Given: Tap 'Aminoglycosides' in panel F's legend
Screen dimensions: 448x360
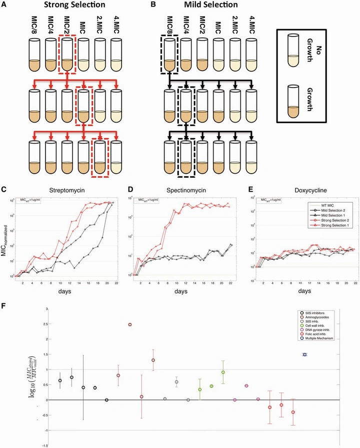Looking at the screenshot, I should [x=317, y=321].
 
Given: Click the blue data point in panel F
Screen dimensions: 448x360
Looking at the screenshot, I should [x=304, y=354].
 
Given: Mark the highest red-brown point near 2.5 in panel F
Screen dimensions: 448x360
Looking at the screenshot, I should [x=129, y=324].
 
